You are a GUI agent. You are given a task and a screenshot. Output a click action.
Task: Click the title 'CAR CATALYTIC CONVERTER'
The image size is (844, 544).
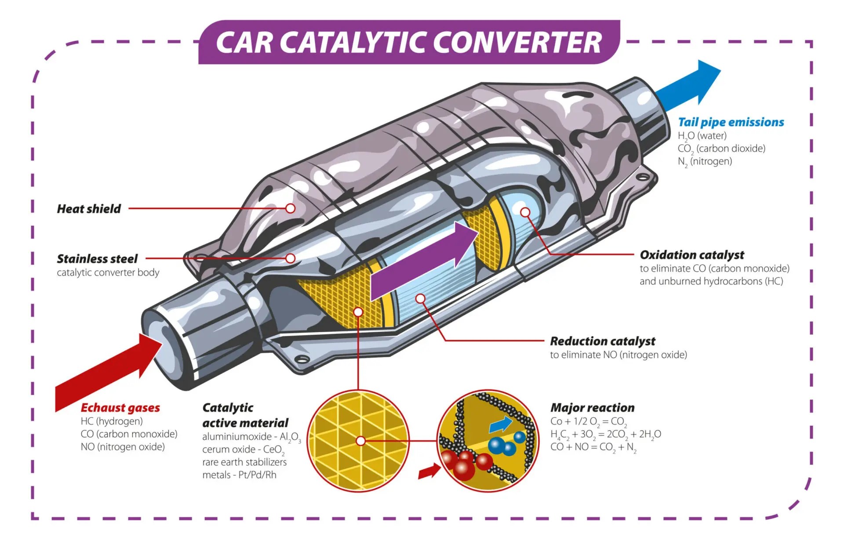tap(409, 43)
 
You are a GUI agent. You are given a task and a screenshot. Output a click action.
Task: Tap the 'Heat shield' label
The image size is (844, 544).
tap(89, 209)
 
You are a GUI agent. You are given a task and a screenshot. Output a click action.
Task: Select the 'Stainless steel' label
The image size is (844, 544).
tap(97, 259)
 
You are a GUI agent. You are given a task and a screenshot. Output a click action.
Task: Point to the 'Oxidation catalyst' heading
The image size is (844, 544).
tap(692, 255)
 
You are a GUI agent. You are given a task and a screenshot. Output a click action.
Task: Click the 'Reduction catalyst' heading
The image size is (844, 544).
tap(602, 341)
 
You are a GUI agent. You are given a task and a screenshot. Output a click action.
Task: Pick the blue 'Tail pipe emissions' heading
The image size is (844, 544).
tap(731, 122)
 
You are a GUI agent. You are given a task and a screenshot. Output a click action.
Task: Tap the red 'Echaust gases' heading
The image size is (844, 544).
tap(120, 408)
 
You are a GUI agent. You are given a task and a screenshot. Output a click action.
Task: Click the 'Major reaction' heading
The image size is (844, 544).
tap(592, 408)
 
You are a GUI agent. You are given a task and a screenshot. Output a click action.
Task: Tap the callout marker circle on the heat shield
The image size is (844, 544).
tap(290, 208)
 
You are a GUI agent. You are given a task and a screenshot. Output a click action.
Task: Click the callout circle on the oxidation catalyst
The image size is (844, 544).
tap(525, 212)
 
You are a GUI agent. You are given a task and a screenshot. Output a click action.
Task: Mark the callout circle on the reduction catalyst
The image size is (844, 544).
tap(420, 299)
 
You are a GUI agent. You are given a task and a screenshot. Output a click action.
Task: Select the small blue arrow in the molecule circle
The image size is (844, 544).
tap(501, 424)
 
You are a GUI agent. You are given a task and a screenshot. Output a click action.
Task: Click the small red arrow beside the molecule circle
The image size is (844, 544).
tap(429, 471)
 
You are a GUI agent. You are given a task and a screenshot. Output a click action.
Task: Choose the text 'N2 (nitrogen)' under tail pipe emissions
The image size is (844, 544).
tap(705, 162)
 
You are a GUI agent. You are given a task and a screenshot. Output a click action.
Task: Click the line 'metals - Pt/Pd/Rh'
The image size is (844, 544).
tap(239, 475)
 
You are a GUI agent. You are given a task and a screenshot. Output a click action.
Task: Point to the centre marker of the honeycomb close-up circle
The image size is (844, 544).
tap(360, 441)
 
